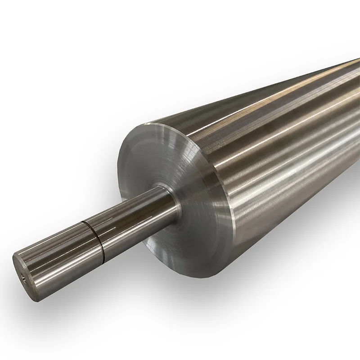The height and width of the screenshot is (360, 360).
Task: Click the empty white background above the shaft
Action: [x=67, y=112]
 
